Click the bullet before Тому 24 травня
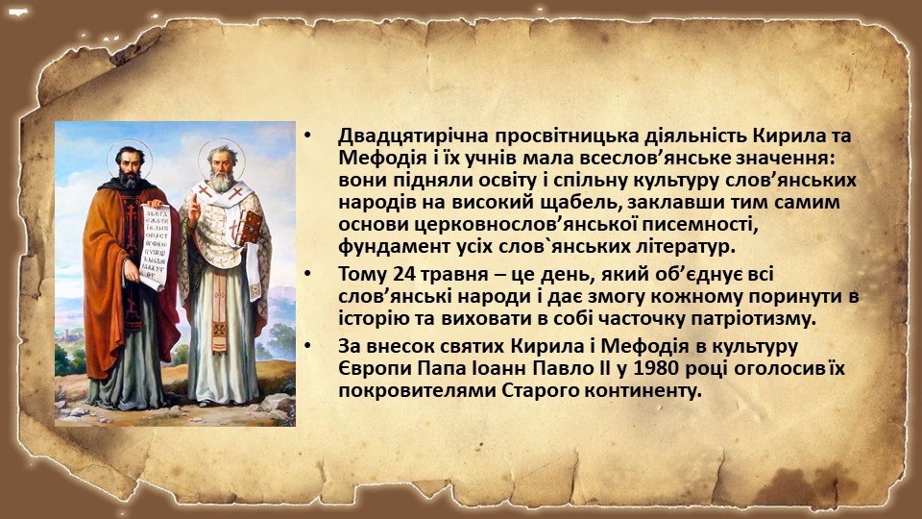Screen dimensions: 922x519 307,275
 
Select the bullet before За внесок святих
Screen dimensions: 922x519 307,347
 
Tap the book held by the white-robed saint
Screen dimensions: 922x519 251,227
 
